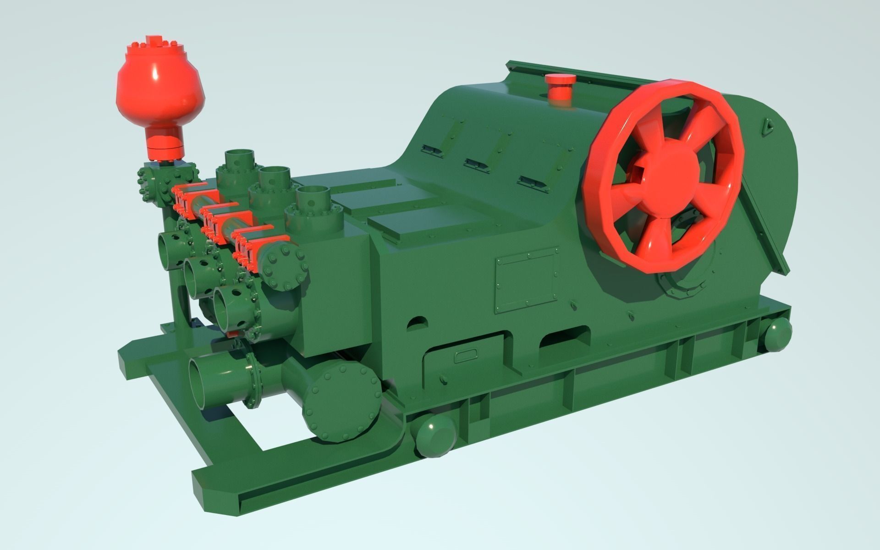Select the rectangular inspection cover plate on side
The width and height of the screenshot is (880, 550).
click(527, 280)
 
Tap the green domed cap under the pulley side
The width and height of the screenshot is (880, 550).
click(777, 335)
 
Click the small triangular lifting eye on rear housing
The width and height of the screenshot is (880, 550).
click(767, 126)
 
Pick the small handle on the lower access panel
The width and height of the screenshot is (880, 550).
click(465, 355)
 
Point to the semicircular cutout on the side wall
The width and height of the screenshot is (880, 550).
click(418, 323)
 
